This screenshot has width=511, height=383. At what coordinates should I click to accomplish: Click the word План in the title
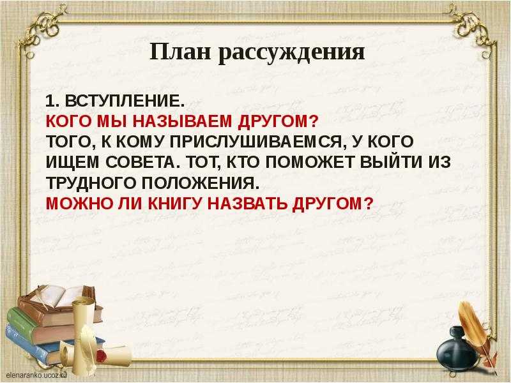click(x=180, y=52)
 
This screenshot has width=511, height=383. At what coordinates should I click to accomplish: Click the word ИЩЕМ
click(x=72, y=163)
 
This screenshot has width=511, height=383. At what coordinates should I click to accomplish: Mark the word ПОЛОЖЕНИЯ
click(x=200, y=183)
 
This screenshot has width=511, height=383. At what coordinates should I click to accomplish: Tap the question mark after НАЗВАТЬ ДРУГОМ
click(x=368, y=204)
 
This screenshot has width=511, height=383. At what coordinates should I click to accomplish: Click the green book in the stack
click(x=23, y=321)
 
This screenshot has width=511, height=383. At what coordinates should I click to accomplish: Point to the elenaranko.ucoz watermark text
click(x=36, y=375)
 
